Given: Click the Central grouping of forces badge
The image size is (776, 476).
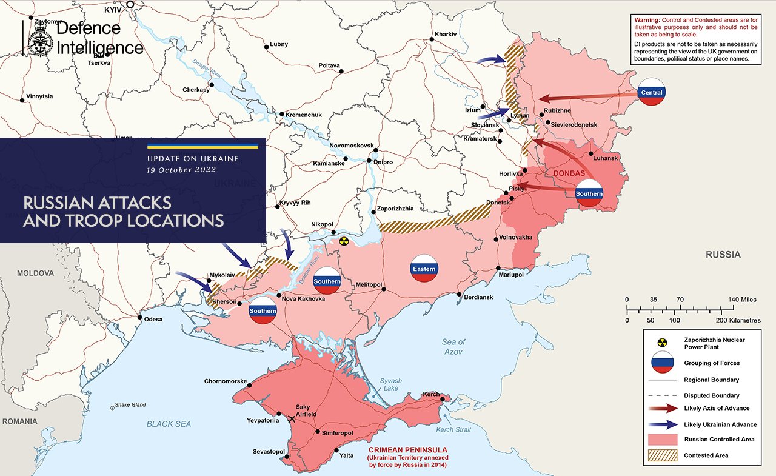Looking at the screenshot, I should pyautogui.click(x=652, y=92).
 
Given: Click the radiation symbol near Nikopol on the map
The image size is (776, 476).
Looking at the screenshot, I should pyautogui.click(x=344, y=241).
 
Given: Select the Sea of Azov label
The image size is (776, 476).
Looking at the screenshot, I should pyautogui.click(x=453, y=347).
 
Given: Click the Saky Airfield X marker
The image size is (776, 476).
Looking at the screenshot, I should pyautogui.click(x=293, y=418).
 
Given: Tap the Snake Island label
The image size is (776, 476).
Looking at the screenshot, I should pyautogui.click(x=130, y=405).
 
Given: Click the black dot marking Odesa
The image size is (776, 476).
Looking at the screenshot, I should pyautogui.click(x=140, y=318).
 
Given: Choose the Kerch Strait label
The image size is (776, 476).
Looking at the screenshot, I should pyautogui.click(x=453, y=430).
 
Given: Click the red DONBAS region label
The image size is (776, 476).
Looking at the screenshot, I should pyautogui.click(x=568, y=173).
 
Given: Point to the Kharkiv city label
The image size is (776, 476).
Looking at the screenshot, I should pyautogui.click(x=446, y=35).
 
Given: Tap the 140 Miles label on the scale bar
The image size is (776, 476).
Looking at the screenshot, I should pyautogui.click(x=740, y=300).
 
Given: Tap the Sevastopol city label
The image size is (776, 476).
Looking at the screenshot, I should pyautogui.click(x=269, y=452).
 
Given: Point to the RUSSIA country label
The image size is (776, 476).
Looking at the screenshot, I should pyautogui.click(x=723, y=255).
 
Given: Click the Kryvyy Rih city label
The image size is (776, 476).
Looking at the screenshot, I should pyautogui.click(x=296, y=203).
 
